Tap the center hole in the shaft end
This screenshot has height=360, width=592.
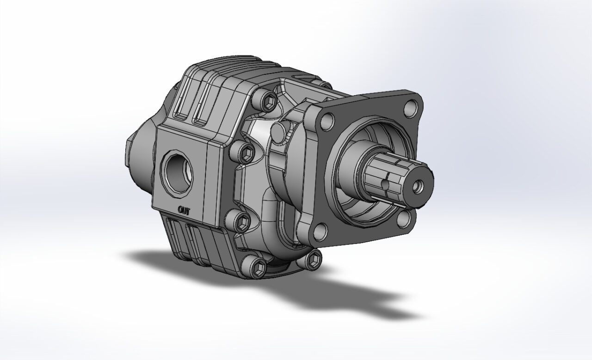[x=418, y=186]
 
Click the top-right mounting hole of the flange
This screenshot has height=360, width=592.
[x=410, y=109]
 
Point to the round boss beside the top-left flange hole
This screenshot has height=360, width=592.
[x=278, y=130]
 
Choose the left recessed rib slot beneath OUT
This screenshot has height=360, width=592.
[x=177, y=236]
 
